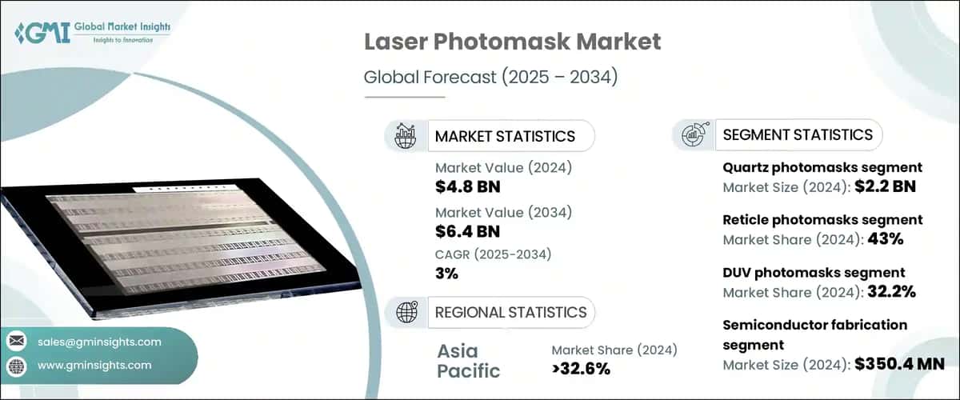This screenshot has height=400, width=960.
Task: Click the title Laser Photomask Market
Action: click(x=512, y=42)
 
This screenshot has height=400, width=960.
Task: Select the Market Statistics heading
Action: click(x=505, y=136)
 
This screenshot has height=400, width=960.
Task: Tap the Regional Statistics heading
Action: click(x=510, y=312)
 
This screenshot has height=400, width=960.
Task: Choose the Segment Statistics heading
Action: click(x=798, y=134)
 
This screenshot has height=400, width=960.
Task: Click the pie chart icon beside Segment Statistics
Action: click(x=693, y=135)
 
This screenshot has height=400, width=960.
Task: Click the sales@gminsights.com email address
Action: click(x=99, y=342)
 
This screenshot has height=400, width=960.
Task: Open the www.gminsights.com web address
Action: click(x=94, y=365)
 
